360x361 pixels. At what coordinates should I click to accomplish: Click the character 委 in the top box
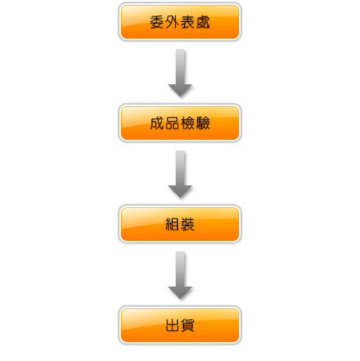tap(157, 22)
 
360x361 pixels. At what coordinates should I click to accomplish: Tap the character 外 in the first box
tap(172, 22)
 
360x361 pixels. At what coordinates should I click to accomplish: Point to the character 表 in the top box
tap(188, 22)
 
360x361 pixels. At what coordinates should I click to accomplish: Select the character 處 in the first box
tap(203, 22)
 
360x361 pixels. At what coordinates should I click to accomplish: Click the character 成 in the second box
tap(157, 123)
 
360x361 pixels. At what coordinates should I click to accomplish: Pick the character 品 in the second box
tap(172, 123)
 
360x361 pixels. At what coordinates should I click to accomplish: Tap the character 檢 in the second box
tap(188, 123)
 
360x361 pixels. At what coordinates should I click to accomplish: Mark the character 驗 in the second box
tap(203, 123)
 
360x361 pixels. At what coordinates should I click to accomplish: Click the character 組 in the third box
tap(172, 224)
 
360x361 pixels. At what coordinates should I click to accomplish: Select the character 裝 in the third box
tap(188, 224)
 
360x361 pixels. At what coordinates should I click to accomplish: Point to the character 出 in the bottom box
tap(172, 325)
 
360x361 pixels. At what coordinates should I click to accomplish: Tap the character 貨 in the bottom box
tap(188, 325)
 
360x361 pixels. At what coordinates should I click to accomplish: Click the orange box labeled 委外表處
tap(180, 22)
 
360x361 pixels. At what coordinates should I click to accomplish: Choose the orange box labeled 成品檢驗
tap(180, 123)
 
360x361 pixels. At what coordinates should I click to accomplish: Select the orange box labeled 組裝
tap(180, 224)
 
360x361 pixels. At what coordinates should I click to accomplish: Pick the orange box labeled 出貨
tap(180, 325)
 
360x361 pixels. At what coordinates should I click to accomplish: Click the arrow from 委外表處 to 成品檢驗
tap(180, 73)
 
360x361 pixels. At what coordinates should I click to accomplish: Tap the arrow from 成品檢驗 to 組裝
tap(180, 174)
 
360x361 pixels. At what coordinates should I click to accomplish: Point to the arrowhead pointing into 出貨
tap(180, 293)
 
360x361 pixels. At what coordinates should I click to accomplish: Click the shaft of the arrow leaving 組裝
tap(180, 269)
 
